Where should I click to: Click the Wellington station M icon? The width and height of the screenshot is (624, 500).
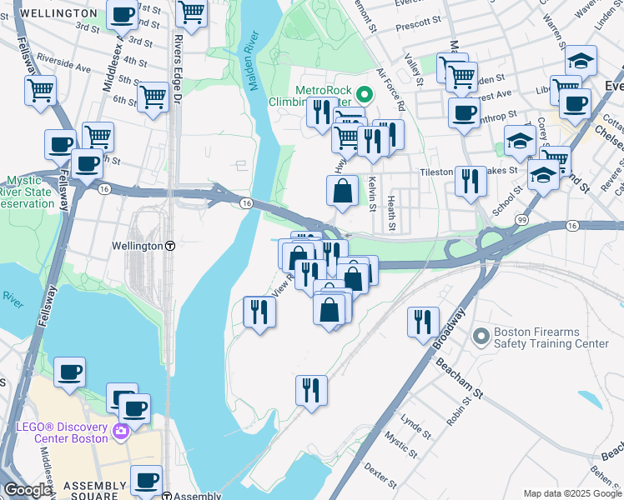[x=170, y=247]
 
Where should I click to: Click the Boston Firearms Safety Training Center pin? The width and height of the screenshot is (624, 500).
[x=480, y=337]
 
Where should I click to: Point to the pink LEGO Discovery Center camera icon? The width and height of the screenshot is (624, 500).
[x=121, y=431]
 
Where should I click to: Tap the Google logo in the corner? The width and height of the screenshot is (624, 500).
[x=27, y=491]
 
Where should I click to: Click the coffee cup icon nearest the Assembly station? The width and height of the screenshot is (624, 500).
[x=147, y=481]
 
